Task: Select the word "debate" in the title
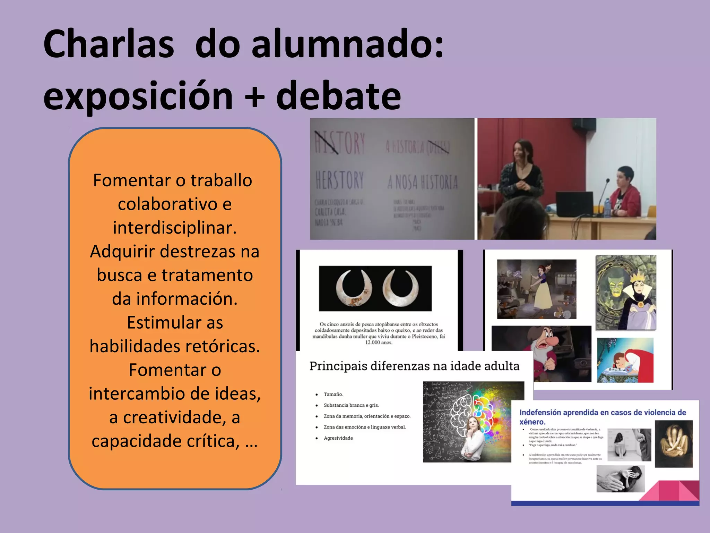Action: click(338, 96)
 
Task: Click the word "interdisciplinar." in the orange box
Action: click(175, 228)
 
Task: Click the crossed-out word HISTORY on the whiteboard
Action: click(339, 143)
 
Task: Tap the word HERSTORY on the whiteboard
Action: click(339, 180)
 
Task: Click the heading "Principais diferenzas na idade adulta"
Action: click(414, 366)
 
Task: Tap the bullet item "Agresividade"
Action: click(338, 438)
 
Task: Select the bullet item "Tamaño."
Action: click(333, 395)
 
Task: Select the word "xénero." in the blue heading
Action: click(532, 422)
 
